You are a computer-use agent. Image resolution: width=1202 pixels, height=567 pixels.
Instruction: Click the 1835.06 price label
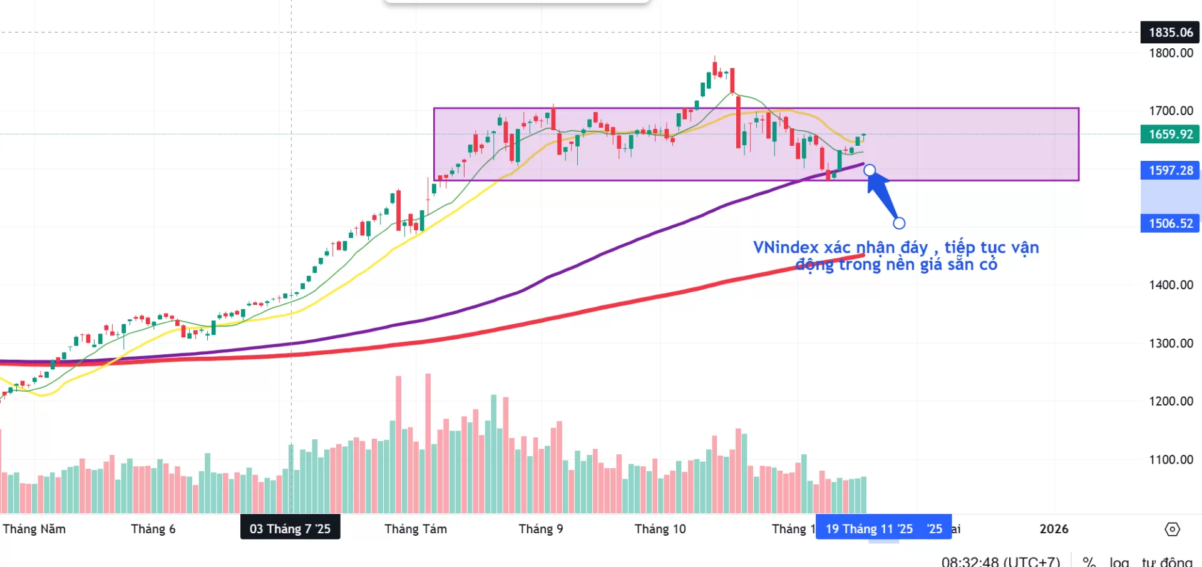[x=1170, y=33]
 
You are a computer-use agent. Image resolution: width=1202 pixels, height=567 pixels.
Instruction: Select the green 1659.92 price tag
[x=1170, y=134]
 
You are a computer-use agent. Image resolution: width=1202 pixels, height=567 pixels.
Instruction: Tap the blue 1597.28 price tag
[x=1170, y=170]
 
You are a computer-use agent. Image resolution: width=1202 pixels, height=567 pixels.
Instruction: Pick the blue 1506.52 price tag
[x=1170, y=223]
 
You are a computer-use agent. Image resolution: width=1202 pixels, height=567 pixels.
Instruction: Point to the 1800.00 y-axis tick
[x=1171, y=53]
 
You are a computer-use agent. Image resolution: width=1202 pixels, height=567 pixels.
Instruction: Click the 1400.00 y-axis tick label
[x=1171, y=285]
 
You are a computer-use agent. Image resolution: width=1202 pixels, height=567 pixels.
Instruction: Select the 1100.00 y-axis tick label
[x=1171, y=459]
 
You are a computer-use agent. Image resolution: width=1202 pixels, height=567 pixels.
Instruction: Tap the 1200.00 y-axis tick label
[x=1171, y=401]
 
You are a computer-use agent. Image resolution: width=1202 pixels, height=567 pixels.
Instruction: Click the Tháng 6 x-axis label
[x=153, y=529]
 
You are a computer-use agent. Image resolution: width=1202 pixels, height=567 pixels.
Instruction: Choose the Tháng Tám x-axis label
[x=416, y=529]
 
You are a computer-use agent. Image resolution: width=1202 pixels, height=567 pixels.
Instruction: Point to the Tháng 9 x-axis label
[x=541, y=529]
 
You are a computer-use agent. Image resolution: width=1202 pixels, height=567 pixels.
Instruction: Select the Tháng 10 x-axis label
[x=660, y=529]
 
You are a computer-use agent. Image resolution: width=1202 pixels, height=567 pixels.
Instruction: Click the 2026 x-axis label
[x=1054, y=529]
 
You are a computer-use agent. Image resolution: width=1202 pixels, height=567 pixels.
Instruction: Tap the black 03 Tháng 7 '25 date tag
[x=290, y=529]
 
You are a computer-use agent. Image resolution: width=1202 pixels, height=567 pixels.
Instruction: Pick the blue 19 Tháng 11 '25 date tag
[x=869, y=529]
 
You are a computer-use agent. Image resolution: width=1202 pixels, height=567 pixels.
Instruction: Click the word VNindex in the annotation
[x=786, y=248]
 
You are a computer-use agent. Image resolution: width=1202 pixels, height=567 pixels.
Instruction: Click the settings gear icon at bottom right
[x=1172, y=529]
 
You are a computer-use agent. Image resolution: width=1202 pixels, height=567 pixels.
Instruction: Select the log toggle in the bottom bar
[x=1119, y=561]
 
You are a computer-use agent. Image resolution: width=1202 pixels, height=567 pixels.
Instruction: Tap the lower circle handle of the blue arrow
[x=899, y=223]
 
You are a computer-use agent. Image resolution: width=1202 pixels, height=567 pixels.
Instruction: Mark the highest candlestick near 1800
[x=715, y=66]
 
